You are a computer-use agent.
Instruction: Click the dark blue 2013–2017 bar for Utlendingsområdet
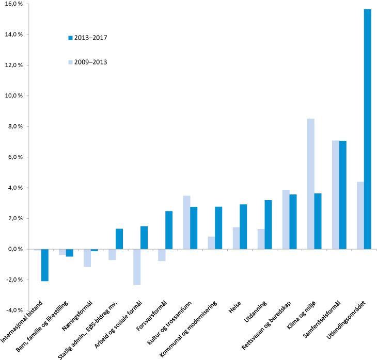point(367,129)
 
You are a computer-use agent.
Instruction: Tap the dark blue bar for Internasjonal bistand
point(45,265)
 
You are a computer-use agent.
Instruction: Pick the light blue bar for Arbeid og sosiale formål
point(136,267)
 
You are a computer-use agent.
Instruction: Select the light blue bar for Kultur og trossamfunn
point(186,222)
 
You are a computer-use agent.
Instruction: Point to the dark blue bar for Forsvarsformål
point(169,230)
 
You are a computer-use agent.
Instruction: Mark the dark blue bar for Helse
point(243,227)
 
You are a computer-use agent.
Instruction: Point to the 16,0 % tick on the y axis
point(13,4)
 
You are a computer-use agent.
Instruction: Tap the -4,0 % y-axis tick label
point(13,310)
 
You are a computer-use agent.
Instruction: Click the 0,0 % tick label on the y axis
point(13,249)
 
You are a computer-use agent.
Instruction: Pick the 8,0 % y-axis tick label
point(13,126)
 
